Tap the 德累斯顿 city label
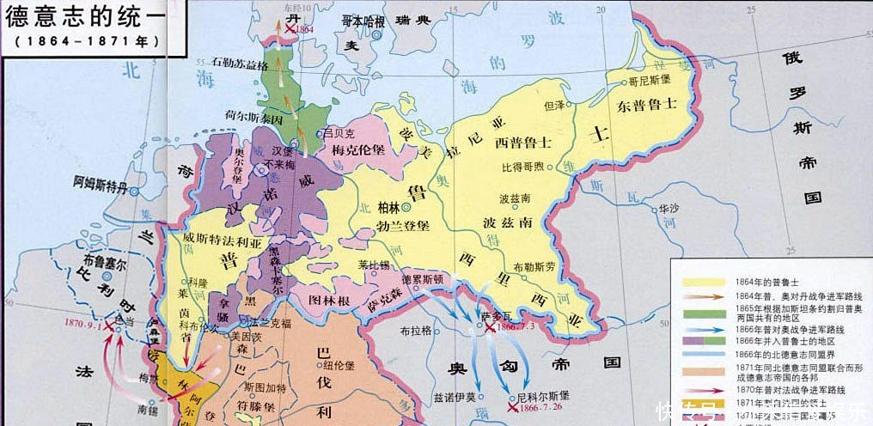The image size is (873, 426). pyautogui.click(x=421, y=279)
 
